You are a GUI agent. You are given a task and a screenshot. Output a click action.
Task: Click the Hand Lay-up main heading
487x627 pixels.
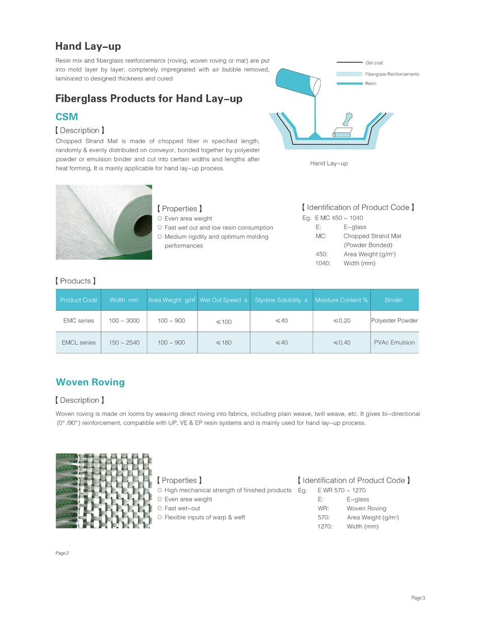pyautogui.click(x=88, y=46)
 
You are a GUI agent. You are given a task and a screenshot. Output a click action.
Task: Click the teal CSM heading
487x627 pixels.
pyautogui.click(x=67, y=116)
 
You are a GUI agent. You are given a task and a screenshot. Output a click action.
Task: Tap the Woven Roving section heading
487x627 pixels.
pyautogui.click(x=90, y=382)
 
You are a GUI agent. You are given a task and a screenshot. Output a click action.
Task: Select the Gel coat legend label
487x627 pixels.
pyautogui.click(x=374, y=63)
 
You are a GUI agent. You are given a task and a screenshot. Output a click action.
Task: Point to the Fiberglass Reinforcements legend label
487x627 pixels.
pyautogui.click(x=392, y=74)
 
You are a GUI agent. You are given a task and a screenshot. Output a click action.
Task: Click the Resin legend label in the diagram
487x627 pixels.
pyautogui.click(x=371, y=83)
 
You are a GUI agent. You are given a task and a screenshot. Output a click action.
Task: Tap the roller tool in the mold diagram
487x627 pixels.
pyautogui.click(x=343, y=128)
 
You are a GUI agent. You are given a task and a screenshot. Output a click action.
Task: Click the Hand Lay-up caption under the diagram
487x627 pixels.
pyautogui.click(x=329, y=163)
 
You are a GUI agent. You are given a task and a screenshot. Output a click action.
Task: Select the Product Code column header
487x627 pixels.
pyautogui.click(x=78, y=300)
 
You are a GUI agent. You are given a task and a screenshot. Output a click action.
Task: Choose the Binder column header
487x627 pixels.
pyautogui.click(x=394, y=300)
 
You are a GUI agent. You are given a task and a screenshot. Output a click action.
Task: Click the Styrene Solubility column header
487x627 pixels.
pyautogui.click(x=281, y=300)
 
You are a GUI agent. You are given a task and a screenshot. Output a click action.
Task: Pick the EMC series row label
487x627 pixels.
pyautogui.click(x=78, y=321)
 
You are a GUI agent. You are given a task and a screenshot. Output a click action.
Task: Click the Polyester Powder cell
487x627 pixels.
pyautogui.click(x=394, y=321)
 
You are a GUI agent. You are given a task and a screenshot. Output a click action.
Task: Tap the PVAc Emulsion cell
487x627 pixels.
pyautogui.click(x=394, y=342)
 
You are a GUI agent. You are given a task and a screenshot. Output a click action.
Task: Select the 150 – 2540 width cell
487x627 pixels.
pyautogui.click(x=124, y=342)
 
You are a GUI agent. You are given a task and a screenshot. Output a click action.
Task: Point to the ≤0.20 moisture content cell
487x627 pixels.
pyautogui.click(x=341, y=321)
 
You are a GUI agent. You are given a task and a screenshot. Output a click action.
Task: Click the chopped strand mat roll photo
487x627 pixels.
pyautogui.click(x=104, y=222)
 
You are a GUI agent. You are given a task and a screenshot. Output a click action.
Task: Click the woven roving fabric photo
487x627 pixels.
pyautogui.click(x=104, y=490)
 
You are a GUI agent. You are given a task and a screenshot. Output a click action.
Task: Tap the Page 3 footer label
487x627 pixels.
pyautogui.click(x=418, y=598)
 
